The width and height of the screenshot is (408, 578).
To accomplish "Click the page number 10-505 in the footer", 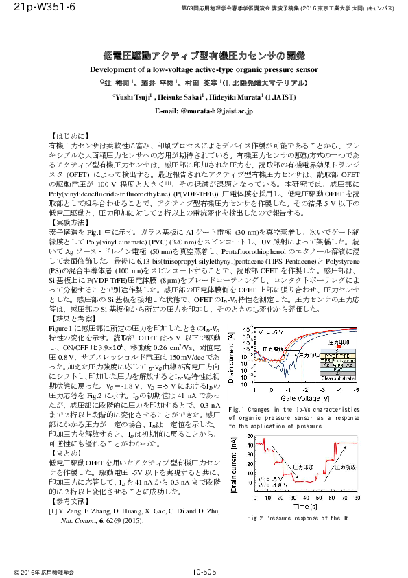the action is pos(204,571).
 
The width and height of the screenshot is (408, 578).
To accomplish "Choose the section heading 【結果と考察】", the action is pos(73,319).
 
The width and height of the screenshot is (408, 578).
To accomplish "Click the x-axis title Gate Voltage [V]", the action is pos(306,397).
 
